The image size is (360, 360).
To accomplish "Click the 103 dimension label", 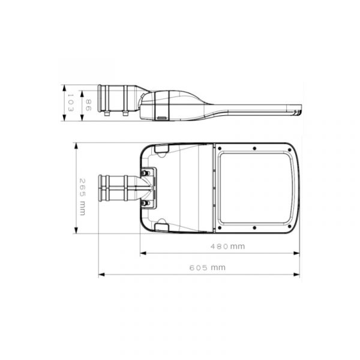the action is (x=70, y=103).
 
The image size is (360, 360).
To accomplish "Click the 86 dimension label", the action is (x=88, y=105).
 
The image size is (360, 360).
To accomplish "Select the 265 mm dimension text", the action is (x=82, y=197).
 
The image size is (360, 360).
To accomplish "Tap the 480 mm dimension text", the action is (x=227, y=247).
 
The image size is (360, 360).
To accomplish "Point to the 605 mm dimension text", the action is (x=208, y=268).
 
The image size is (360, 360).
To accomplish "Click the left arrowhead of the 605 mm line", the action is (x=101, y=275).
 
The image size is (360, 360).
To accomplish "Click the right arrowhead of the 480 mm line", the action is (x=296, y=253).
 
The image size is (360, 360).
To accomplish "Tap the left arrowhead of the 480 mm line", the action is (x=143, y=253).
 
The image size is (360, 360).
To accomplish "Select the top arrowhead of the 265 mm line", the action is (x=76, y=146).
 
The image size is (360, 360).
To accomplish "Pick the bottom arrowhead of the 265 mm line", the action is (x=76, y=230).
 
